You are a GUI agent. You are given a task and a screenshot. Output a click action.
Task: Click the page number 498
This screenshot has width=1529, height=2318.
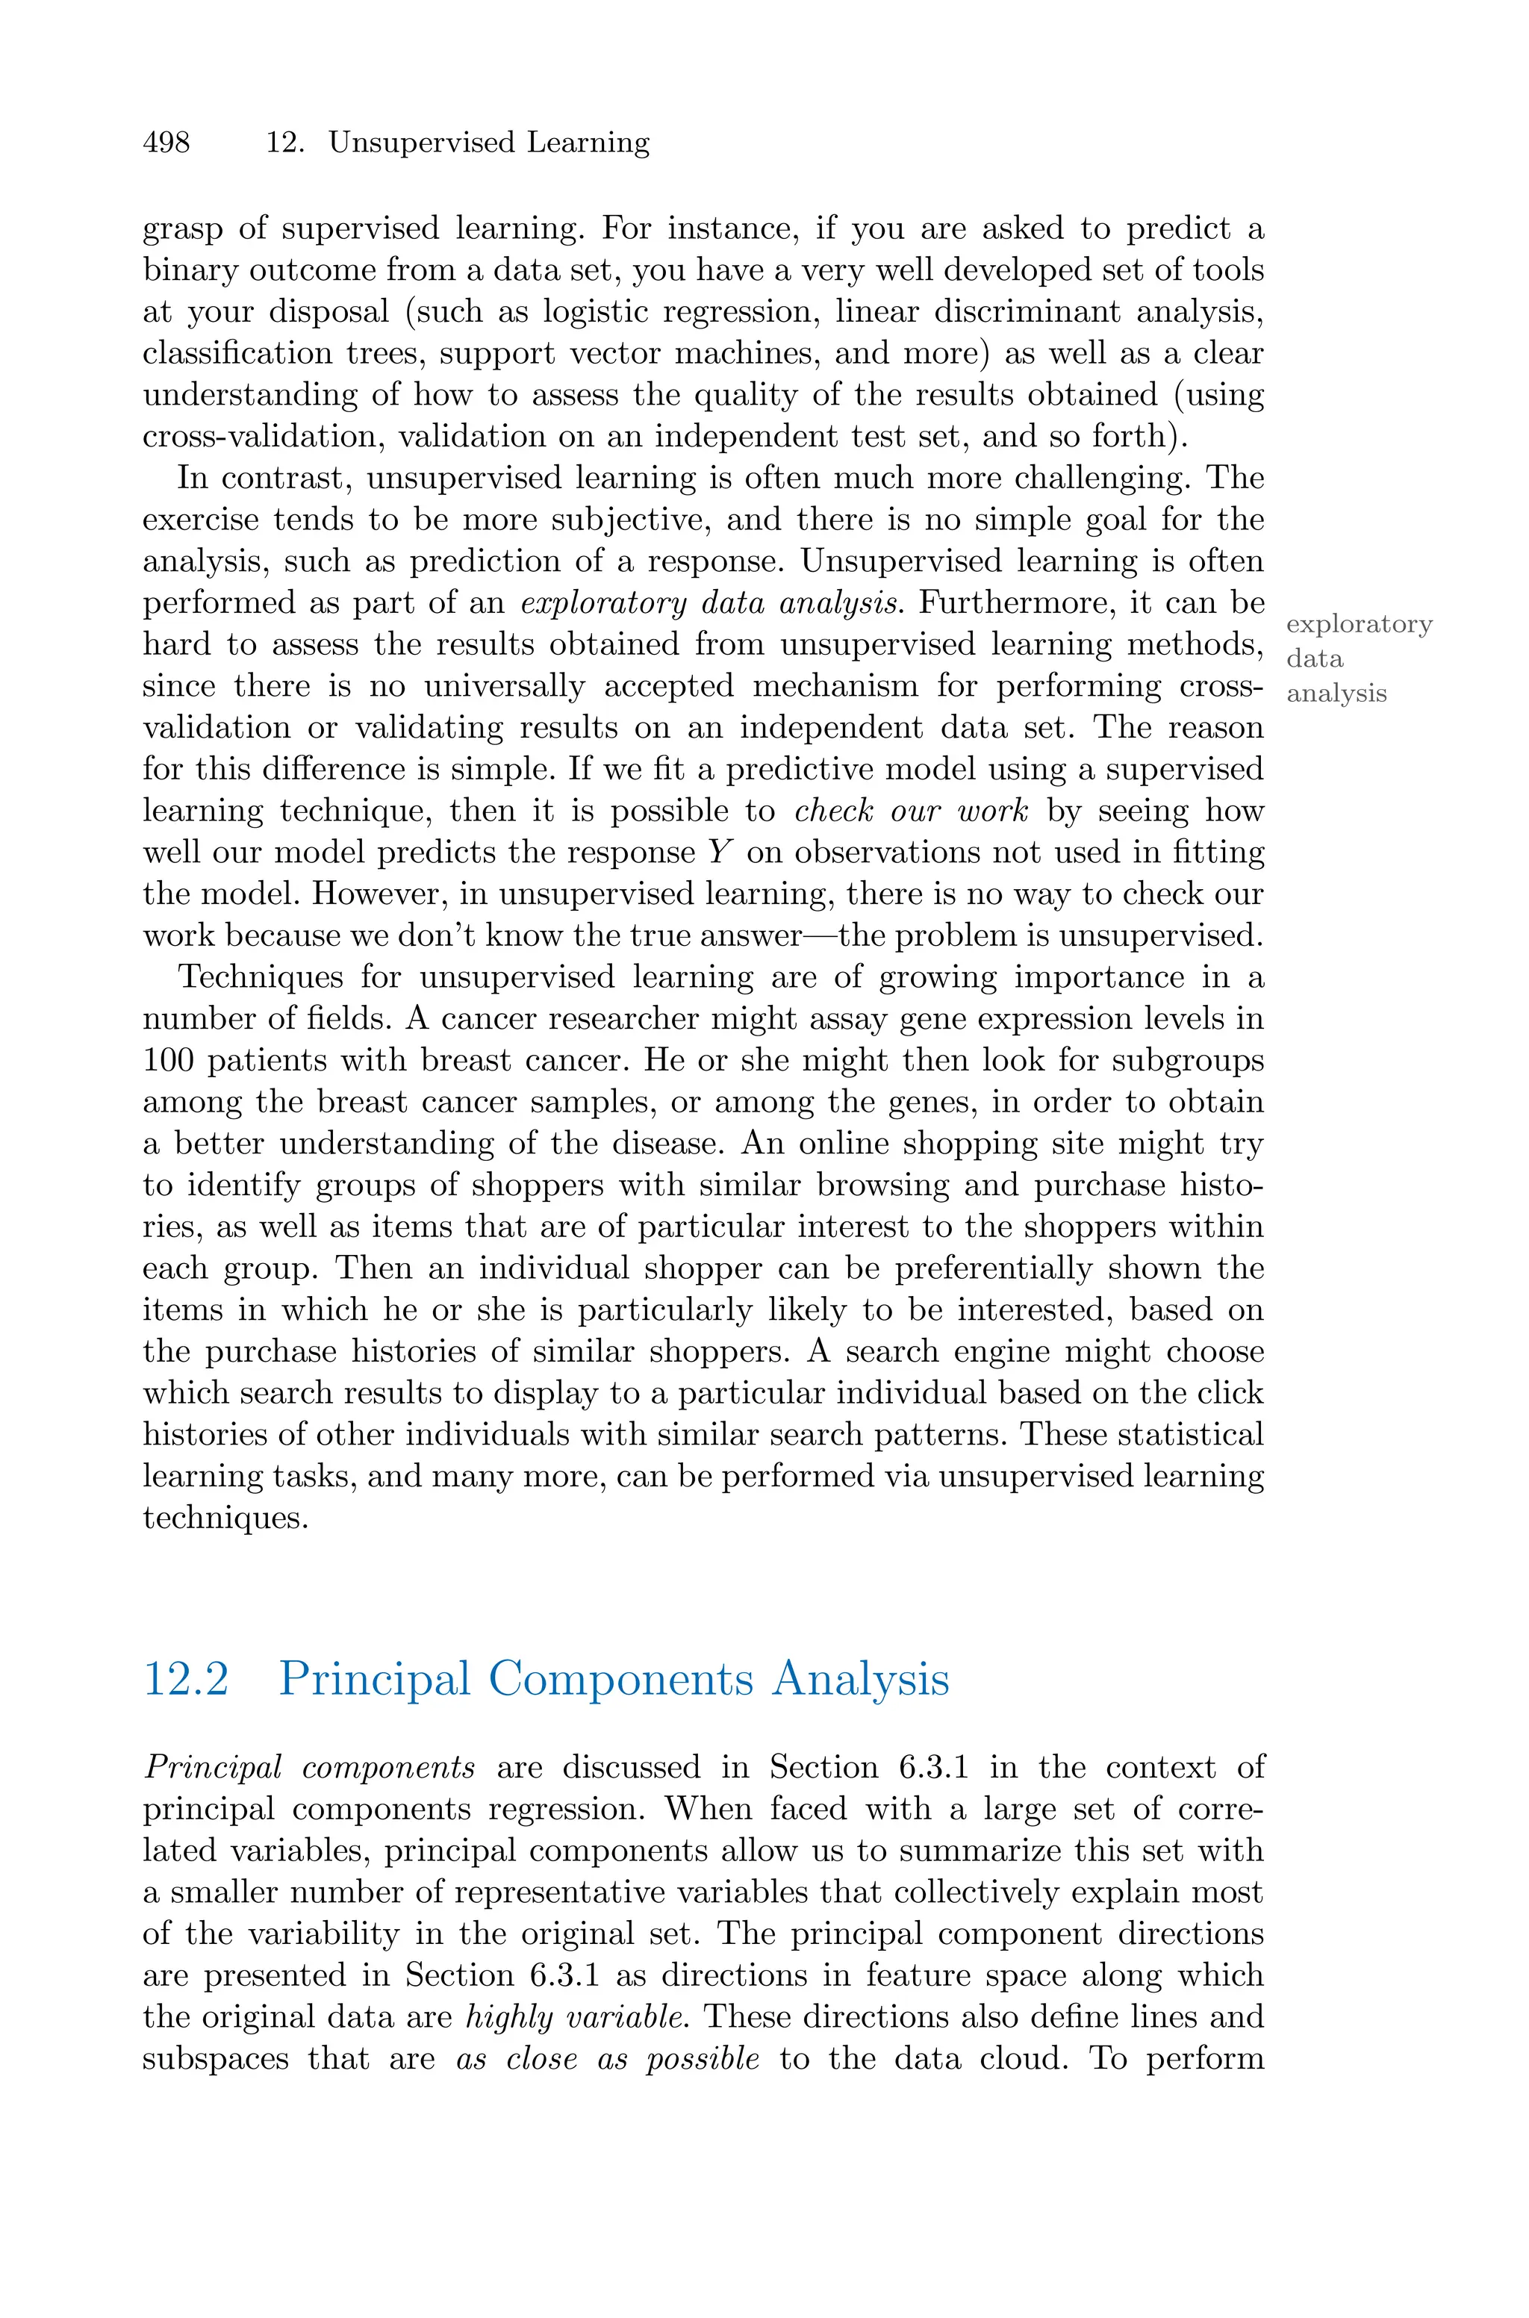(x=166, y=143)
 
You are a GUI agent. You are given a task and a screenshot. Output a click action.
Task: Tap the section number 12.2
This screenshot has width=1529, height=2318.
(x=185, y=1678)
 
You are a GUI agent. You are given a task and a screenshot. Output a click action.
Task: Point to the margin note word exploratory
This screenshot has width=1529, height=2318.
(x=1358, y=625)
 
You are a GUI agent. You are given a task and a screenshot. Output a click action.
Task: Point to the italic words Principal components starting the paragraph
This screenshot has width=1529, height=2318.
(x=308, y=1767)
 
